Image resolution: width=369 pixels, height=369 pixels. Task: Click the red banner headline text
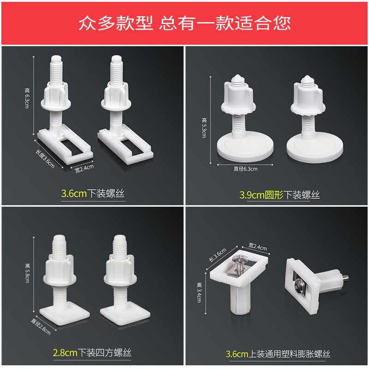(184, 23)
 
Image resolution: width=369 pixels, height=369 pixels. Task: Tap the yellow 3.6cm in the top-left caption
(74, 194)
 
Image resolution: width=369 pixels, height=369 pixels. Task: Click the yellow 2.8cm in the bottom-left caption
(64, 353)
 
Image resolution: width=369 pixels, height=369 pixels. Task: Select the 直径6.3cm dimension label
(245, 168)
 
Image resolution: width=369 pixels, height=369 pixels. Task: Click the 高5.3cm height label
(204, 128)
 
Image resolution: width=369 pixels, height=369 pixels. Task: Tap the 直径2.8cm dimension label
(41, 325)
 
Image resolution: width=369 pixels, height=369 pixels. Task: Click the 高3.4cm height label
(199, 292)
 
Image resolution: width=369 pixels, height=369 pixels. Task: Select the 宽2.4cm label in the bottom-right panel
(257, 248)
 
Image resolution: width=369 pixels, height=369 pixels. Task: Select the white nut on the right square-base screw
(119, 272)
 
